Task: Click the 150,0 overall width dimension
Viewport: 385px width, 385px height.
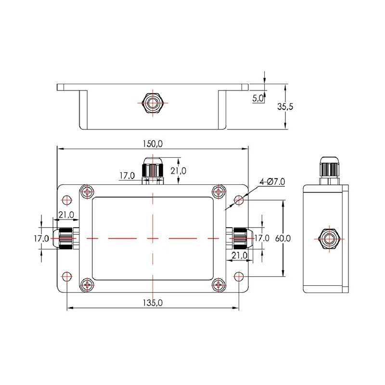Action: [153, 144]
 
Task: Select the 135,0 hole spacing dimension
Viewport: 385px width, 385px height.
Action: [154, 302]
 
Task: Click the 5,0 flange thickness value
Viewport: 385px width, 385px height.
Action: [258, 98]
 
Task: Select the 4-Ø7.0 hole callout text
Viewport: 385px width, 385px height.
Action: [272, 181]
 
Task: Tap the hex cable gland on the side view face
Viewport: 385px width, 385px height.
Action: [329, 238]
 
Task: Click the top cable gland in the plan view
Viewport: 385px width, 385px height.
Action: [153, 170]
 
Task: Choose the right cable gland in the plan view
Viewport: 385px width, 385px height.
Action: [239, 238]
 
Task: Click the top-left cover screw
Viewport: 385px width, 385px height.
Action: [87, 192]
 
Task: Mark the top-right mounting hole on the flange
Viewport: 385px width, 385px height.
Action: [239, 200]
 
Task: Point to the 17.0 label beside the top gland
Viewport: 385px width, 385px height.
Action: [127, 176]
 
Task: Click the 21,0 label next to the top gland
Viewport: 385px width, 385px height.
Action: [178, 171]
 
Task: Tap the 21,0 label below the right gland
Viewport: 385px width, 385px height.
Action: [239, 256]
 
